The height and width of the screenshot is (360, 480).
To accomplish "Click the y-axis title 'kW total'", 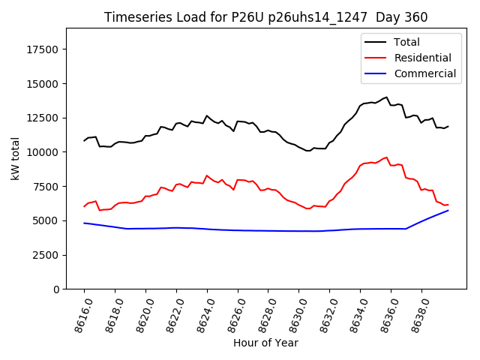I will [x=15, y=158].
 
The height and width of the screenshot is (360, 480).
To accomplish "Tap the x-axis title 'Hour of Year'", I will [x=265, y=343].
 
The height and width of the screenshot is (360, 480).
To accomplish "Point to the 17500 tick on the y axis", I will [x=43, y=49].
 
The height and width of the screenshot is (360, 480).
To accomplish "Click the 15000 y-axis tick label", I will [x=43, y=83].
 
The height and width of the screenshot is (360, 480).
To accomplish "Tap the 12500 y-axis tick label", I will [x=43, y=118].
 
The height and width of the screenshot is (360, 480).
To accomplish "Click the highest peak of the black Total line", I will [x=387, y=97].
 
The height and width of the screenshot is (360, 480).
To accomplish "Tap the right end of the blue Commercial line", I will [x=448, y=210].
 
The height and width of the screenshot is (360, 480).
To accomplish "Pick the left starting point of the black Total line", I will [x=84, y=140].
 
